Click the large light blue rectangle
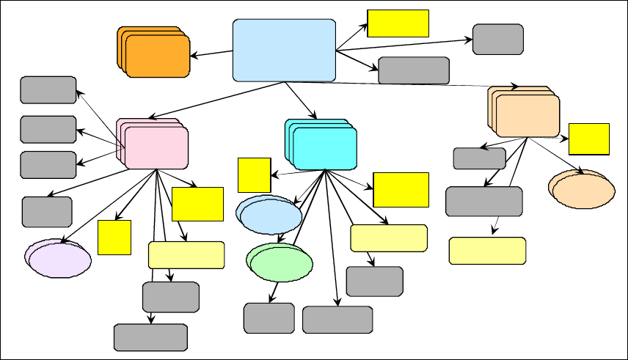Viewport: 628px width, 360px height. coord(284,50)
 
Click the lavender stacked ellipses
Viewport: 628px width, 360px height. coord(59,258)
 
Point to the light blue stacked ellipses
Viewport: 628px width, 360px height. coord(269,216)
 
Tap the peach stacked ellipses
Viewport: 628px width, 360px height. coord(583,191)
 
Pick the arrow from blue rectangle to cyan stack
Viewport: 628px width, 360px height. coord(301,100)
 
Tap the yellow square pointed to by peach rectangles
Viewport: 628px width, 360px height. coord(589,139)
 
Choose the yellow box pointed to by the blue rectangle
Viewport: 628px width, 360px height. coord(398,23)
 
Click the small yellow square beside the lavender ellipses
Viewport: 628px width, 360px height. coord(114,237)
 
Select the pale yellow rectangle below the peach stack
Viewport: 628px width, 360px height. coord(487,250)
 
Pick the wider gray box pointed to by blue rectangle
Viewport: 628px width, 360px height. coord(414,70)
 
